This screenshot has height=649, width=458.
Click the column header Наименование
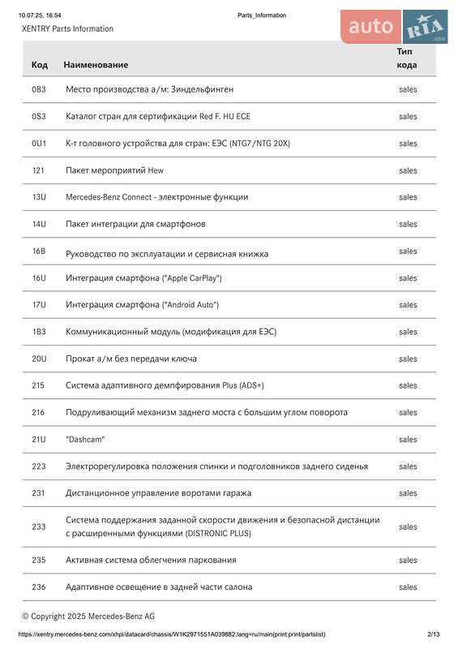point(96,64)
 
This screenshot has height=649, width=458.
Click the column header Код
point(39,64)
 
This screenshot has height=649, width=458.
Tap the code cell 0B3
point(39,89)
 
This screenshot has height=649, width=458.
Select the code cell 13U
point(39,197)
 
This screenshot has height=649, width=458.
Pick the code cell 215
point(39,385)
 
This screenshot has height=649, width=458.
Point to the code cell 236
point(39,587)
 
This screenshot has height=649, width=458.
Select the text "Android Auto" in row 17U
point(191,305)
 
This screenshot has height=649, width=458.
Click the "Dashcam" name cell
point(85,439)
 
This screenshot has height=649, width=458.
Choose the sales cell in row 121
point(408,170)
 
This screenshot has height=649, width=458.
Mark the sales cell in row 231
point(408,493)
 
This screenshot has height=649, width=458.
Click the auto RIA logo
point(394,28)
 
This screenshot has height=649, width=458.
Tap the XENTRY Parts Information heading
point(67,28)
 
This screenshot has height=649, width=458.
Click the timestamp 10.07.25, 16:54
point(41,15)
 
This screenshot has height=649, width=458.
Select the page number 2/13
point(433,634)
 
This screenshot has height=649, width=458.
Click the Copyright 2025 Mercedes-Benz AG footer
point(88,617)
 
